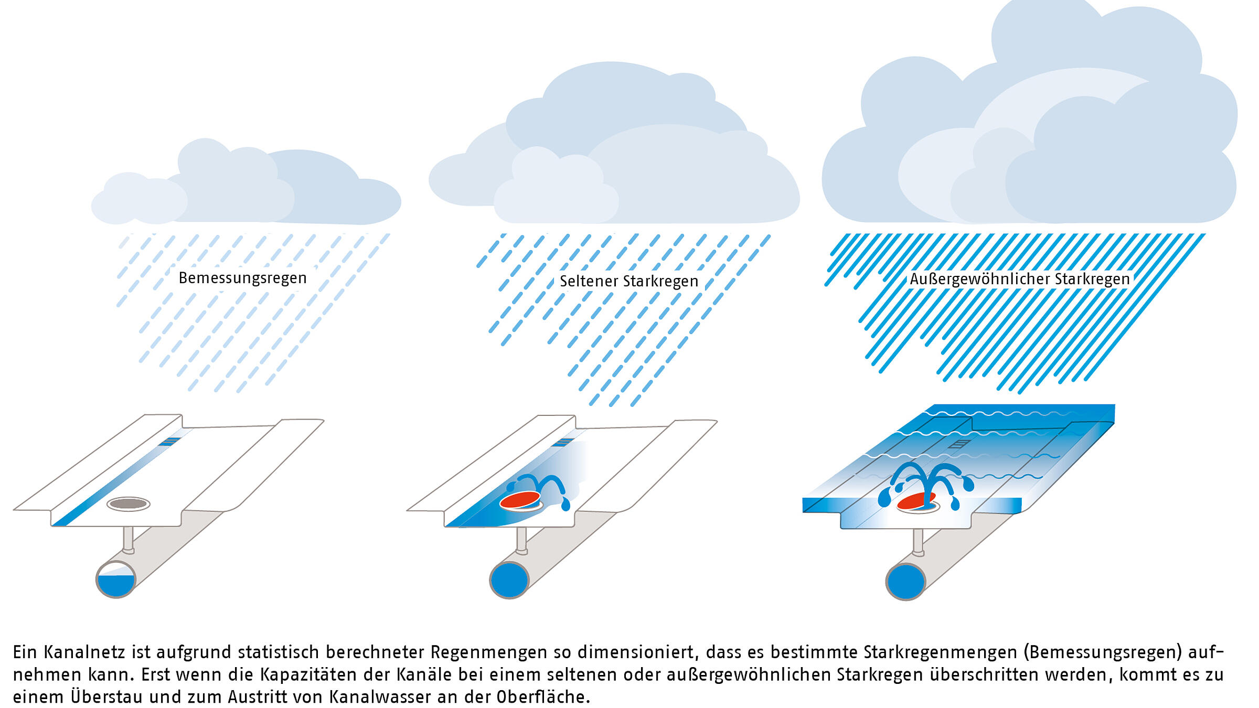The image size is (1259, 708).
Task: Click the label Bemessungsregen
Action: point(242,278)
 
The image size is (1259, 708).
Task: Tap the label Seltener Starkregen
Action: point(629,281)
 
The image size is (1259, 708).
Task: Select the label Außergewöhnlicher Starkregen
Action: point(1020,279)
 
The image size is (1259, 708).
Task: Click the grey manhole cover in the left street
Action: point(129,504)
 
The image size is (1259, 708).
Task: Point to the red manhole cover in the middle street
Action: point(520,500)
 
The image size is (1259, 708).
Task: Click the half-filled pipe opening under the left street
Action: point(116,579)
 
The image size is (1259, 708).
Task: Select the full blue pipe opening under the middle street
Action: point(509,580)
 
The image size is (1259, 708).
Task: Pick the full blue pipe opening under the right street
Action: point(906,581)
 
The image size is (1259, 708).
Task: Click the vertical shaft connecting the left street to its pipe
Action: point(128,539)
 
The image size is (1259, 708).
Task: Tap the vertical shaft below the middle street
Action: point(521,540)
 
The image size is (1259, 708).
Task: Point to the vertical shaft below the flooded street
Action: point(918,542)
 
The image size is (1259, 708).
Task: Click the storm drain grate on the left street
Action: point(169,442)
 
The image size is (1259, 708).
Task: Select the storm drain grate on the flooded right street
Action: point(959,444)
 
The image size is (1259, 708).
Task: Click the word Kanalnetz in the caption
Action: point(84,652)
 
